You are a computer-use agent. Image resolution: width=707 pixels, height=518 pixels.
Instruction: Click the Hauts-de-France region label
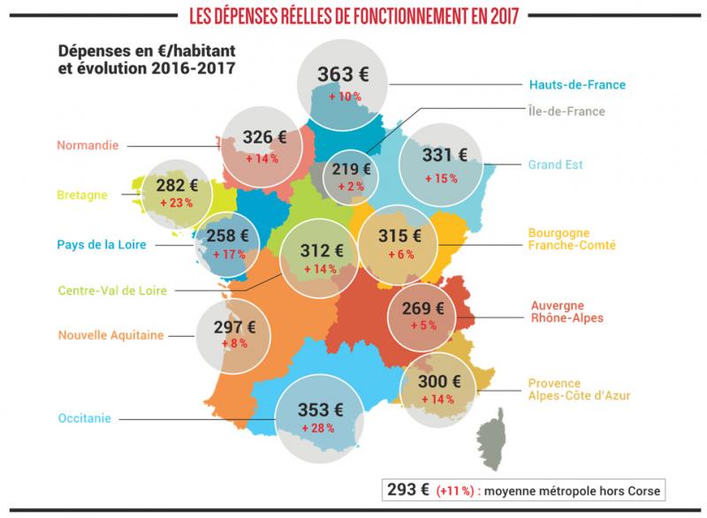point(577,85)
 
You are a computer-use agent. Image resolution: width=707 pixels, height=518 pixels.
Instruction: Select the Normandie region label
point(87,145)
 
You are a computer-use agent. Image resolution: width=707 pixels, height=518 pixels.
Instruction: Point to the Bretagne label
point(82,194)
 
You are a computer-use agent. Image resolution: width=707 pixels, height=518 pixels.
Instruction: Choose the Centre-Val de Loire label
point(113,289)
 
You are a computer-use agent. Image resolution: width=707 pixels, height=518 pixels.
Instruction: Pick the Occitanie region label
point(84,418)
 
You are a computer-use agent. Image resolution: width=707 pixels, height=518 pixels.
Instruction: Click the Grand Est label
point(556,164)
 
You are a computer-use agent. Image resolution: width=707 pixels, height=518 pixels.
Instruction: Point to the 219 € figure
point(351,169)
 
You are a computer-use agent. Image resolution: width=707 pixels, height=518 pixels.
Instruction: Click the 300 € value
point(439,382)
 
